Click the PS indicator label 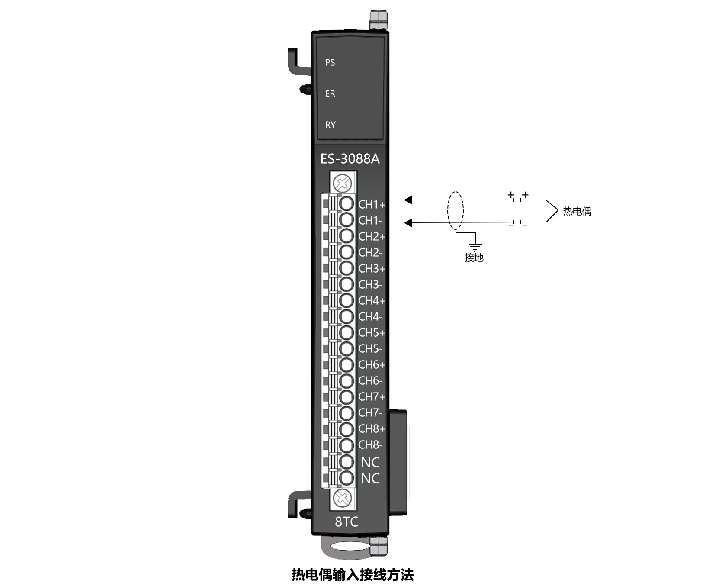coord(330,62)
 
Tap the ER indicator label coord(330,93)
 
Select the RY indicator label coord(330,125)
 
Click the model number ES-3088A coord(350,159)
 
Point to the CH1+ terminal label coord(372,204)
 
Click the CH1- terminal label coord(370,220)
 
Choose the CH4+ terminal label coord(372,300)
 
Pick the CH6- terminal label coord(370,380)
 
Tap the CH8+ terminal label coord(372,428)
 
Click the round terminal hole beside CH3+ coord(346,268)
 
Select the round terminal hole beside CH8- coord(346,445)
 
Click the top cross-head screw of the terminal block coord(343,184)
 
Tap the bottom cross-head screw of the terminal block coord(343,499)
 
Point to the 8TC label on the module coord(347,522)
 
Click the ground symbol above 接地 coord(475,247)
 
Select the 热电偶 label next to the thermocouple coord(577,211)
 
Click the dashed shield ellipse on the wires coord(455,211)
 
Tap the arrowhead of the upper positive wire coord(408,200)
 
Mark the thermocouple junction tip coord(558,211)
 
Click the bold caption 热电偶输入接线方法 coord(353,575)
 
